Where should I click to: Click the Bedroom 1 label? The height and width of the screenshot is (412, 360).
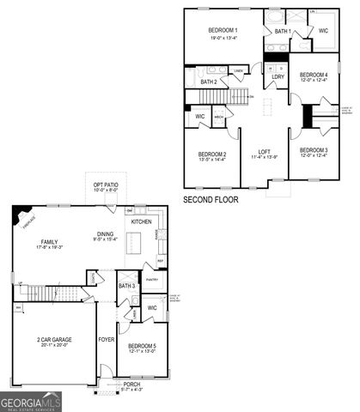224,31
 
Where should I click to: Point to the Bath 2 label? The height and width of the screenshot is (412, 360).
209,82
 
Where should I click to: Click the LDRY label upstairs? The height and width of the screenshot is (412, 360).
278,77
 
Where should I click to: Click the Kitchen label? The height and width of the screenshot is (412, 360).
141,221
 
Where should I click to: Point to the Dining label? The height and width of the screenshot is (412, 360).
105,233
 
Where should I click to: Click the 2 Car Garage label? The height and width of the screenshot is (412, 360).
53,340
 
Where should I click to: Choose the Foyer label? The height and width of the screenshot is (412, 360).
106,340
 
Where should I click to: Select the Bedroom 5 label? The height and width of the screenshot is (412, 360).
142,346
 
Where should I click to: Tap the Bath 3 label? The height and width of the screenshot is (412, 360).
126,286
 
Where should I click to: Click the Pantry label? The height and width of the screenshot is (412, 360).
152,279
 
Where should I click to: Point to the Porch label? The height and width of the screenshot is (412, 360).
131,384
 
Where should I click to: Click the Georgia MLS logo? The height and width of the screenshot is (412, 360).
30,399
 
